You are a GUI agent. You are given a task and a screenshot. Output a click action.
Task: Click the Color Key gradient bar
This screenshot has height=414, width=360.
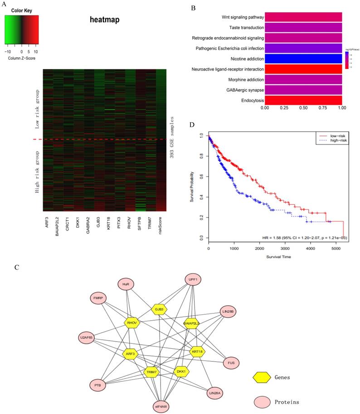pos(21,30)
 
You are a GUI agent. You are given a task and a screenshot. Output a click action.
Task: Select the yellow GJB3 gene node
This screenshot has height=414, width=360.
pos(159,309)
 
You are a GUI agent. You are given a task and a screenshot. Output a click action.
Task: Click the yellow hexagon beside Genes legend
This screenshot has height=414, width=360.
pos(260,377)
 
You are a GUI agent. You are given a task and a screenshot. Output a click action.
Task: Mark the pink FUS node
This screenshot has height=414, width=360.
pos(231,363)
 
